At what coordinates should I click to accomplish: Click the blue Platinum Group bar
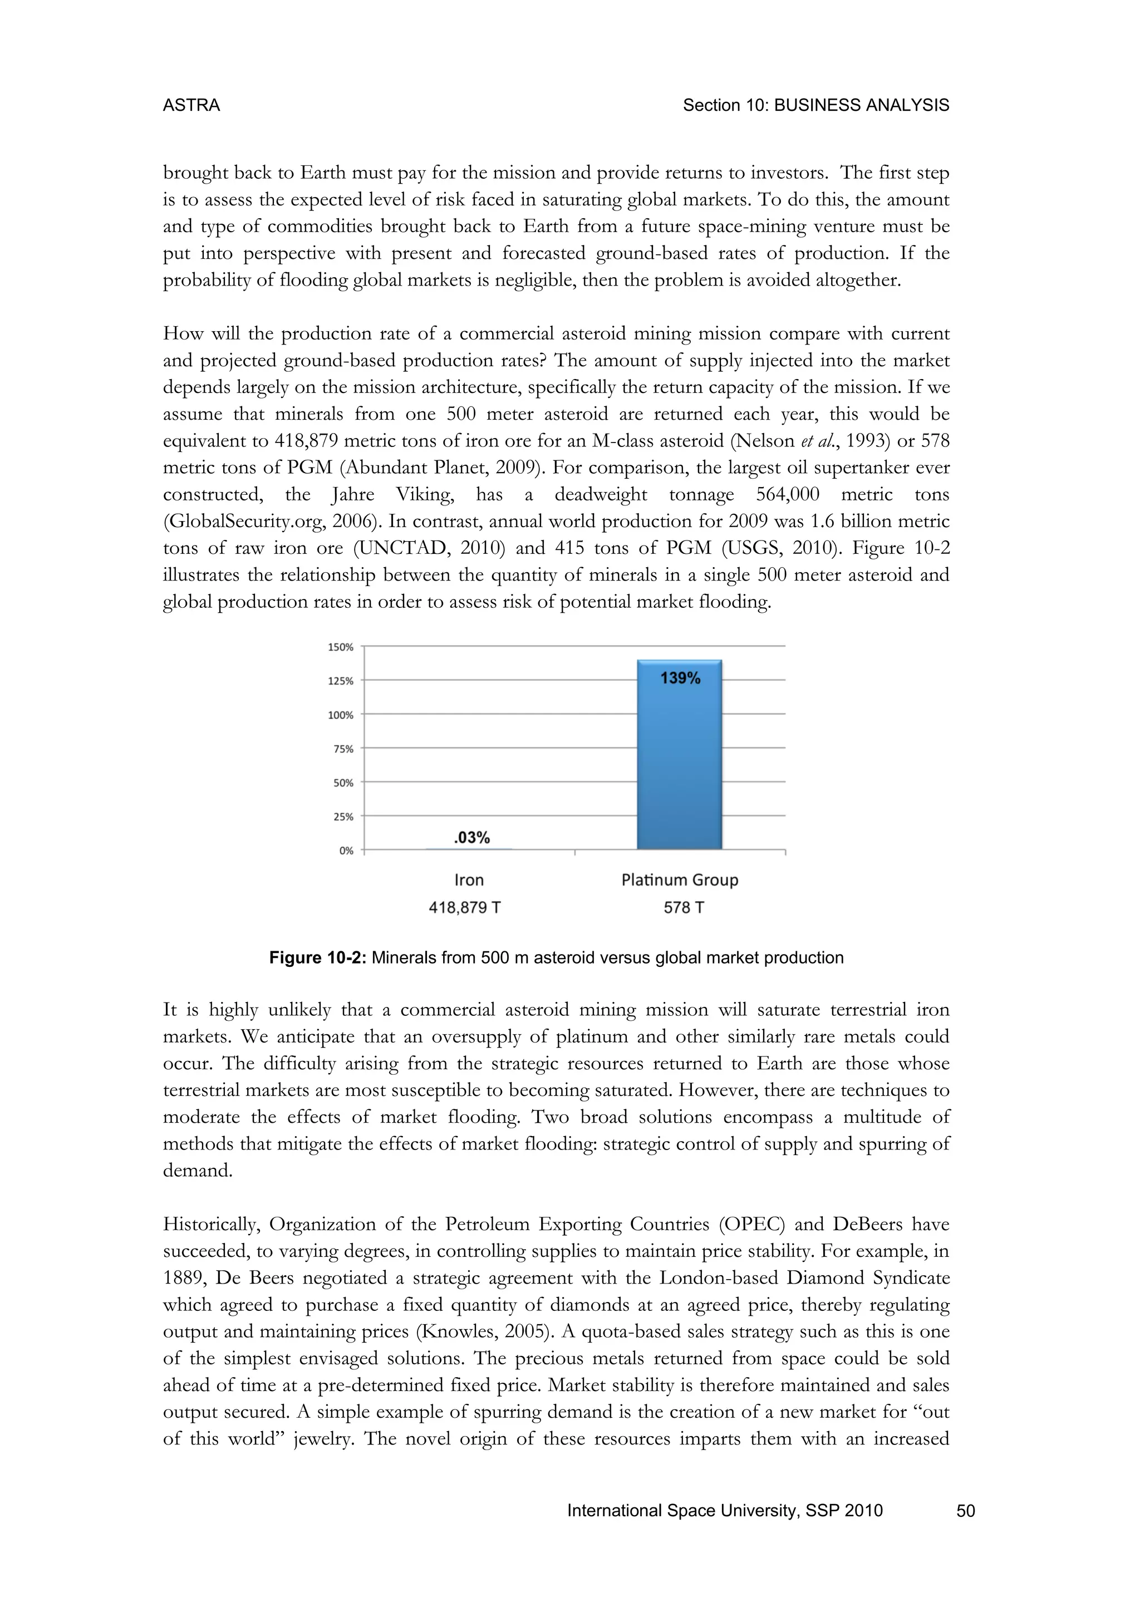click(679, 765)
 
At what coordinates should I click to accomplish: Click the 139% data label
click(680, 678)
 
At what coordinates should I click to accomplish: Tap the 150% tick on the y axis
click(341, 647)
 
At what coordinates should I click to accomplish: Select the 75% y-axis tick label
click(343, 749)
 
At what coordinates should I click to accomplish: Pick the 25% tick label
click(343, 817)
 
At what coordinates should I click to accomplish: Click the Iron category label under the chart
click(469, 879)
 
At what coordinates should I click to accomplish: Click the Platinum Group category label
click(680, 879)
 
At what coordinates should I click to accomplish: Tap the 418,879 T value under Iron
click(465, 908)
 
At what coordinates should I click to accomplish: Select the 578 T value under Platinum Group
click(684, 908)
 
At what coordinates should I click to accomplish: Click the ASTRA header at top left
click(191, 105)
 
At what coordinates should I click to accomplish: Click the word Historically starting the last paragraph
click(212, 1225)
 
